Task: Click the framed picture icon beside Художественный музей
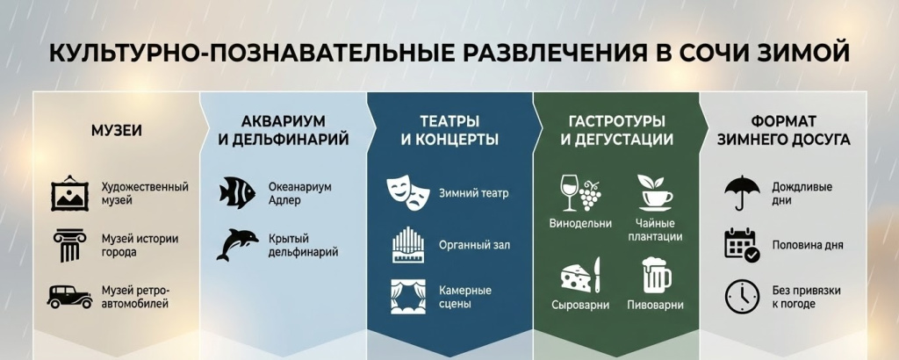69,194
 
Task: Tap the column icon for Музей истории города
69,245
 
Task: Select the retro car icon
69,296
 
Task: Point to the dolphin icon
237,244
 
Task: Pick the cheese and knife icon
579,275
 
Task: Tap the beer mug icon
656,275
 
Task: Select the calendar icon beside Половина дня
742,245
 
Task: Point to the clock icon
742,297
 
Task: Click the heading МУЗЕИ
117,131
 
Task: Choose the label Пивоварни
656,306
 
